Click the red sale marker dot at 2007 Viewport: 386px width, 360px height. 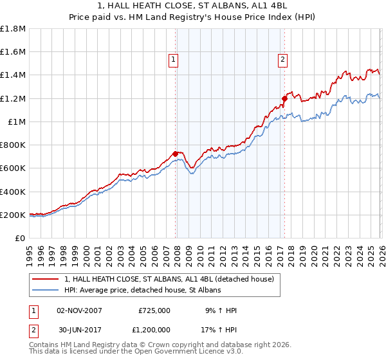(175, 154)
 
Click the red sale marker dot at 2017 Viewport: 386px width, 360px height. (284, 98)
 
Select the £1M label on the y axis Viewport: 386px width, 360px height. (17, 122)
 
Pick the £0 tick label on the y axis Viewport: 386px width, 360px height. (20, 238)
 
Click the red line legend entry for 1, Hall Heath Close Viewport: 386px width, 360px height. (169, 279)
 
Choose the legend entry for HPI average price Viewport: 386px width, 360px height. (142, 291)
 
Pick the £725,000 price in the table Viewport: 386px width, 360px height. (154, 310)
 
